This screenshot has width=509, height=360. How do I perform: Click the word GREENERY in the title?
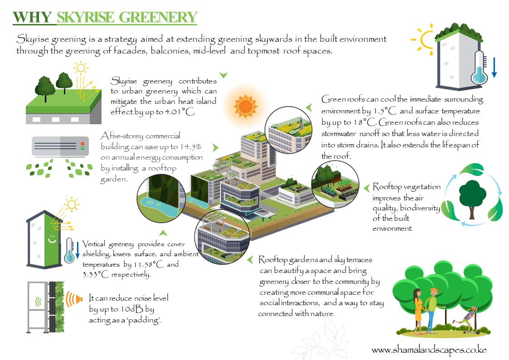[158, 17]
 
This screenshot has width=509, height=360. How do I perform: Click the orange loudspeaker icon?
[75, 299]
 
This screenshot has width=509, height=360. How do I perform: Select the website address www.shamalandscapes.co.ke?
[429, 350]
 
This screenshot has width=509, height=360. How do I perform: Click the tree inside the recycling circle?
[472, 195]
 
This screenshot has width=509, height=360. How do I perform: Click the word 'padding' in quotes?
[145, 320]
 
